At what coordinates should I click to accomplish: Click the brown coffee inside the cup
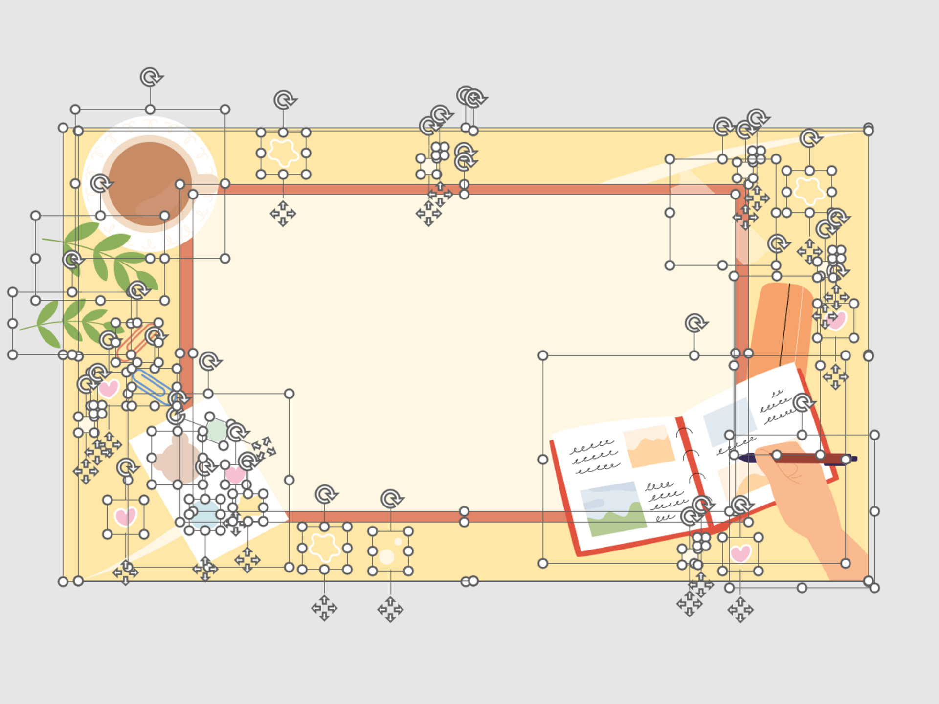(147, 181)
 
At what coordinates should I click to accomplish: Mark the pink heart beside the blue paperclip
(109, 389)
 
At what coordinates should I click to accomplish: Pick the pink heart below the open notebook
(740, 553)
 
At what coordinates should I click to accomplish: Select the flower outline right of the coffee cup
(283, 153)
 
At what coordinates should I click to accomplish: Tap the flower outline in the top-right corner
(809, 191)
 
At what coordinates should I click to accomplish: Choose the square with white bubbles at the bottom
(390, 551)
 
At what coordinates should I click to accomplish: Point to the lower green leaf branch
(68, 323)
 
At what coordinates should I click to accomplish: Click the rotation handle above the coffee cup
(150, 77)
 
